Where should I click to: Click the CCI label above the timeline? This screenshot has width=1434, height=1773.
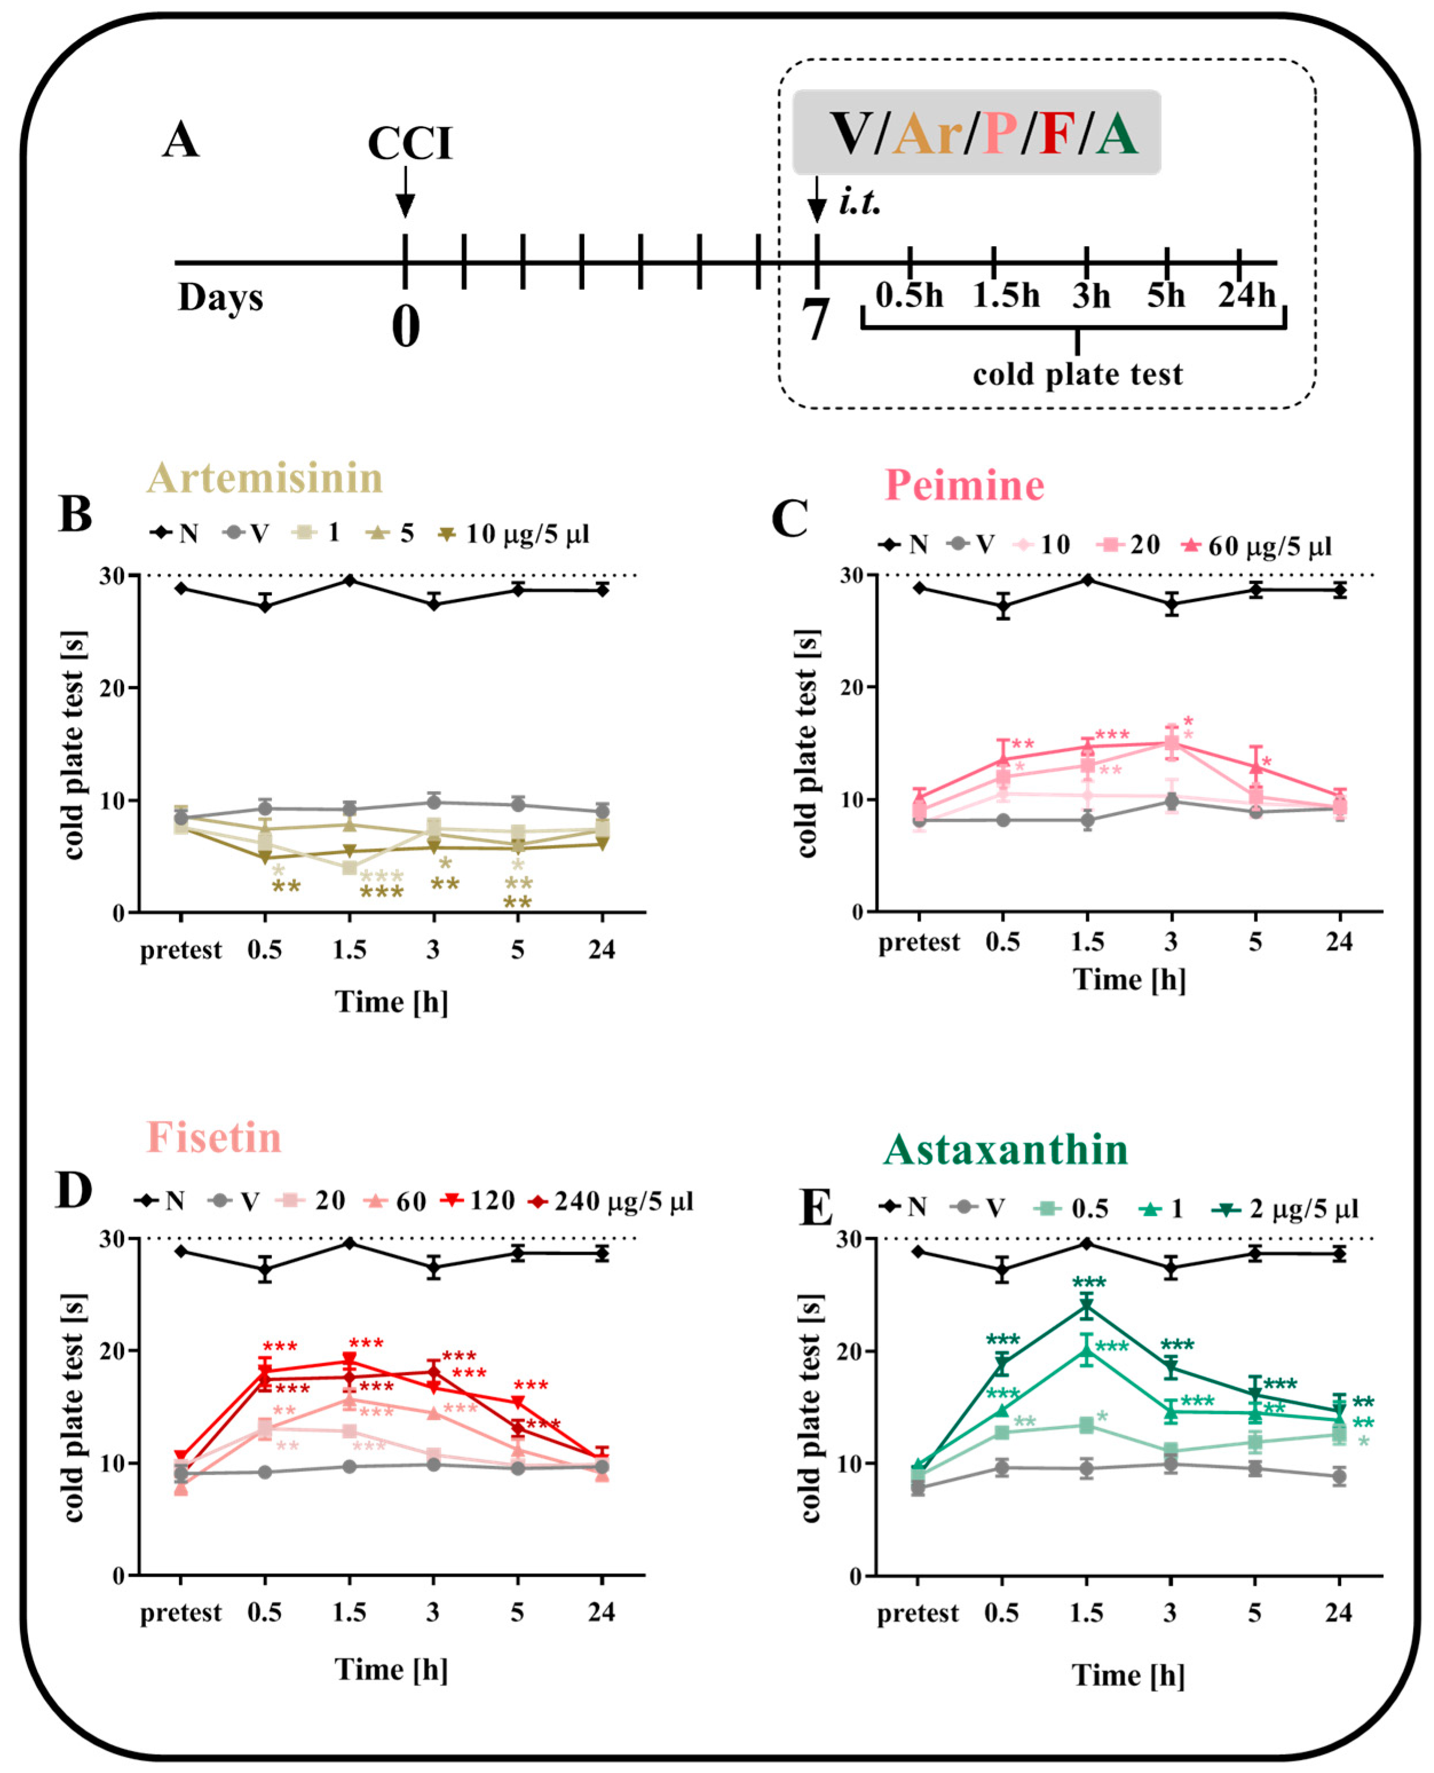coord(410,144)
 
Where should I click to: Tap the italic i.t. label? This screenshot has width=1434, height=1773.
coord(860,202)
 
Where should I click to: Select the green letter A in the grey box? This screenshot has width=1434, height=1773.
coord(1117,134)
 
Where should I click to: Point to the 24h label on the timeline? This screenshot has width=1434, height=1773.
coord(1246,295)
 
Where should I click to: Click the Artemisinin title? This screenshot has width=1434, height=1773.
coord(265,477)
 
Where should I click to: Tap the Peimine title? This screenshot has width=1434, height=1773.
coord(964,485)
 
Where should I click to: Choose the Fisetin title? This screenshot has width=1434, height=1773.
coord(214,1138)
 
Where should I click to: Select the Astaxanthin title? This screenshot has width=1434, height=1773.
coord(1005,1149)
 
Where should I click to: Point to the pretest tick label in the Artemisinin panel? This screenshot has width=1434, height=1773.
coord(181,950)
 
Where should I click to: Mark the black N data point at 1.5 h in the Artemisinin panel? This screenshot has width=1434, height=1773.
coord(350,580)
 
